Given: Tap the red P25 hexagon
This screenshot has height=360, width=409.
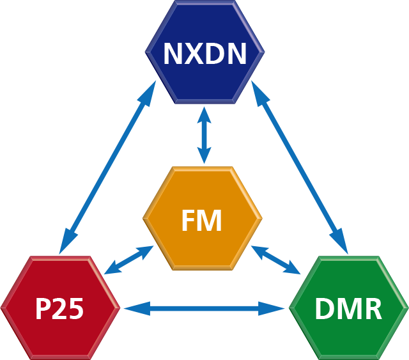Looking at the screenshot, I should pyautogui.click(x=59, y=307).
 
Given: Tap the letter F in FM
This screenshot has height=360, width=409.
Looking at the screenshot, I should pyautogui.click(x=187, y=222).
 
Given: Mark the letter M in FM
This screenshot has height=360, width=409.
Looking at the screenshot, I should pyautogui.click(x=210, y=222).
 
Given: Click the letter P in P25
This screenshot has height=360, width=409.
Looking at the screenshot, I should pyautogui.click(x=43, y=309).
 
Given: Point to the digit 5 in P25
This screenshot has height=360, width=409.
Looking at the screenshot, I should pyautogui.click(x=76, y=309).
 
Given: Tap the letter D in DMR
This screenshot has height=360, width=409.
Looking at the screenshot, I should pyautogui.click(x=325, y=309).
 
